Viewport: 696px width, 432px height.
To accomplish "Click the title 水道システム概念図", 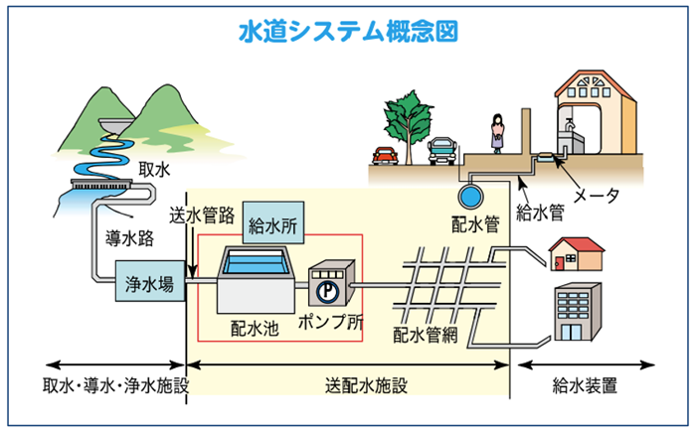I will (x=348, y=31).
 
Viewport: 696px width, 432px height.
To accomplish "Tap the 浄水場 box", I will (x=150, y=284).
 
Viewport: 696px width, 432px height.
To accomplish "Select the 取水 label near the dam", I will (x=152, y=169).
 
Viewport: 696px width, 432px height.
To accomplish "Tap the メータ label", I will (x=600, y=195).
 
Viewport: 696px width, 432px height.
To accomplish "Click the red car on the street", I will (x=385, y=156).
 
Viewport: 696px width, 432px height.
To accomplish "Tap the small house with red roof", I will (x=576, y=254).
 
